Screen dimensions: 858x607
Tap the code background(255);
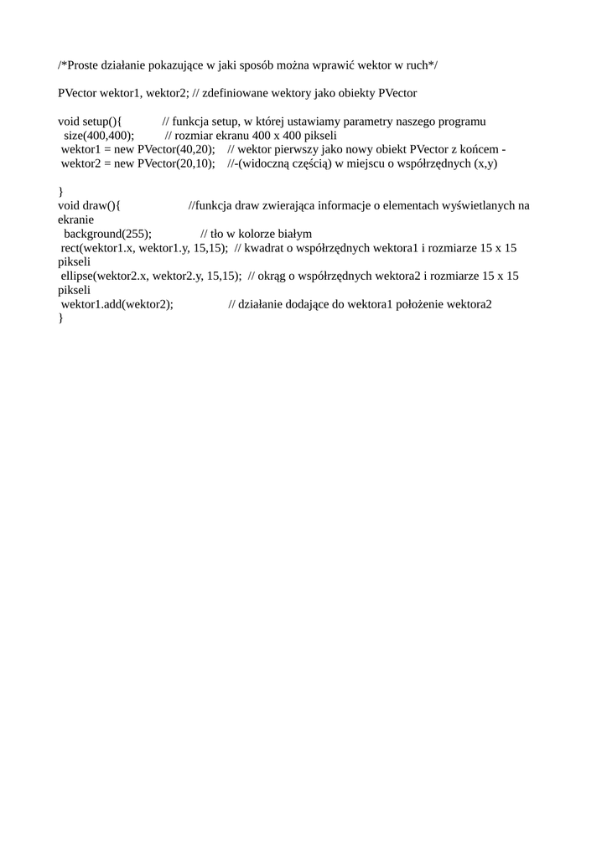[107, 234]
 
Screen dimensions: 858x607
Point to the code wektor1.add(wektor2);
[117, 304]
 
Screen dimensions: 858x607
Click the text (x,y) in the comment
[485, 163]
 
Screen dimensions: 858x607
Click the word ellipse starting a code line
[77, 276]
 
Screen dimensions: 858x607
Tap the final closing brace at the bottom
[60, 318]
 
